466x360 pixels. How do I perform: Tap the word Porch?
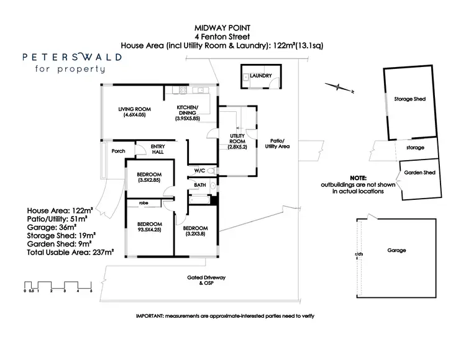(x=118, y=151)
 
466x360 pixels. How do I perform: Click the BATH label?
(x=199, y=185)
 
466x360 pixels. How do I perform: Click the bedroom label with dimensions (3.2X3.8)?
(x=196, y=232)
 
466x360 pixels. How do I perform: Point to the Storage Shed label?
(x=409, y=99)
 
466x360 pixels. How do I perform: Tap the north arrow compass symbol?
(x=339, y=88)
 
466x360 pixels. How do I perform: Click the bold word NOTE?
(x=358, y=178)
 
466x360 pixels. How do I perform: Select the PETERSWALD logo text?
(x=72, y=56)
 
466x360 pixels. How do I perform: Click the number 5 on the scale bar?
(x=91, y=290)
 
